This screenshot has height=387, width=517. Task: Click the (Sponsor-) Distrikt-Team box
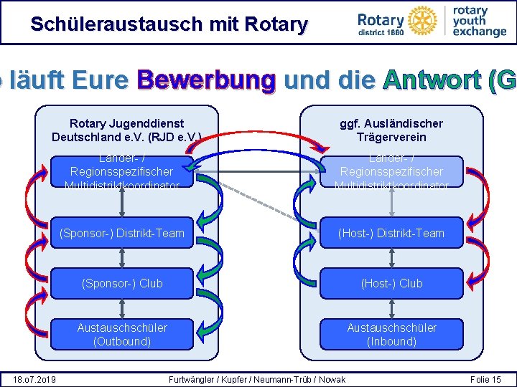[x=122, y=233]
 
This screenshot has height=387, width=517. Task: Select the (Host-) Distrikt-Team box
[x=392, y=233]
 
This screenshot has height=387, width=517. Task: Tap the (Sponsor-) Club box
[x=122, y=283]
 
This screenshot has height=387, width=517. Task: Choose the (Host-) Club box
[x=392, y=283]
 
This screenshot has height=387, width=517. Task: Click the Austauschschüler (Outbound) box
[x=122, y=334]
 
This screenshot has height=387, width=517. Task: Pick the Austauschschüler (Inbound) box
[x=392, y=334]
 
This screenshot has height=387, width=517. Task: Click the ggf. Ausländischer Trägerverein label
[x=391, y=130]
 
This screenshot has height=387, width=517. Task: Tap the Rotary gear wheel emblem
[x=419, y=19]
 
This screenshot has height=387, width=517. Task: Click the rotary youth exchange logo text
[x=479, y=21]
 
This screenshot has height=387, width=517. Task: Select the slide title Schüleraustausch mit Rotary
[x=169, y=24]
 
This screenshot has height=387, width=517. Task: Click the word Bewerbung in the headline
[x=207, y=80]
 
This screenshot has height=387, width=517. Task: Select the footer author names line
[x=256, y=379]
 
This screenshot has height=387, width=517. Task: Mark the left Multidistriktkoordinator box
[x=122, y=172]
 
